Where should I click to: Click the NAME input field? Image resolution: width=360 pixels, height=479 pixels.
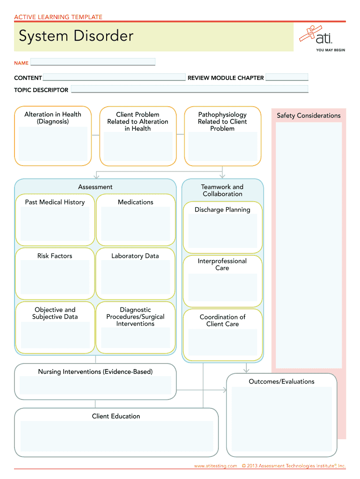pyautogui.click(x=93, y=62)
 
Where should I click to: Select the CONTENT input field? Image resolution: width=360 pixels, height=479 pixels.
pyautogui.click(x=114, y=77)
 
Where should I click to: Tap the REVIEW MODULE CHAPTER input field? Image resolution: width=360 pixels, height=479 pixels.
pyautogui.click(x=287, y=78)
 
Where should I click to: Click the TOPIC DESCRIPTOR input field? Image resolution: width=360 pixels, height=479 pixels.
pyautogui.click(x=189, y=89)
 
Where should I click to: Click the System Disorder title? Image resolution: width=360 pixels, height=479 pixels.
pyautogui.click(x=76, y=36)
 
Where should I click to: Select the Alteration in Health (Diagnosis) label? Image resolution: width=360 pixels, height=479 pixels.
pyautogui.click(x=53, y=118)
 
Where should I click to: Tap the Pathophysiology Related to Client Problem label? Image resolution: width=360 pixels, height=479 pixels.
pyautogui.click(x=222, y=121)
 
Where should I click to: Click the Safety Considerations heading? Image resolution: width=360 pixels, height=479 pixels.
pyautogui.click(x=309, y=116)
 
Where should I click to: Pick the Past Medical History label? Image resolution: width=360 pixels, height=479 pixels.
pyautogui.click(x=55, y=202)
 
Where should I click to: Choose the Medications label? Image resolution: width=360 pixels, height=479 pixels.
pyautogui.click(x=136, y=202)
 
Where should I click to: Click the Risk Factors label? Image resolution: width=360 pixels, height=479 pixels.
pyautogui.click(x=55, y=256)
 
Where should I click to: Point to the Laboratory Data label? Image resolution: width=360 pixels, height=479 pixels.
pyautogui.click(x=135, y=256)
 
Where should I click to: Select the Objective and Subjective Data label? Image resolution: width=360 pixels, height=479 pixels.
pyautogui.click(x=55, y=313)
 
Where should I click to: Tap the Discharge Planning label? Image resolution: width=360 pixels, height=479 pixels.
pyautogui.click(x=223, y=210)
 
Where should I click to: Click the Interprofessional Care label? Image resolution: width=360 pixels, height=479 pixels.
pyautogui.click(x=222, y=264)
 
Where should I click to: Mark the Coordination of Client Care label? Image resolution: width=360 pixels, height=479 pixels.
pyautogui.click(x=223, y=320)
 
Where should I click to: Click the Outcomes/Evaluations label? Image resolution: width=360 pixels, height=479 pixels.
pyautogui.click(x=281, y=382)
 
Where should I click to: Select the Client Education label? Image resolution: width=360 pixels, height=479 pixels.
pyautogui.click(x=116, y=416)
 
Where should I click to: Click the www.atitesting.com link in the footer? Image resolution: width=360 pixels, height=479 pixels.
pyautogui.click(x=216, y=466)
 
